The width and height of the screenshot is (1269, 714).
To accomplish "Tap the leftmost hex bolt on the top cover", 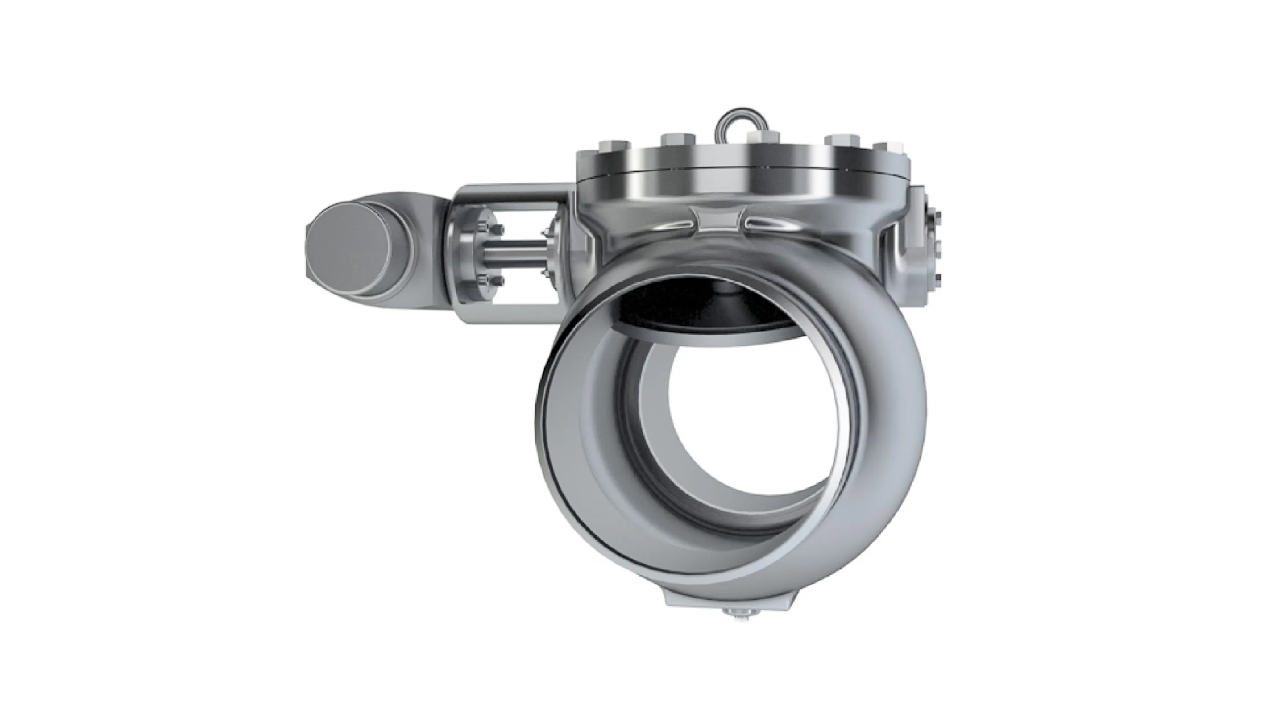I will [x=614, y=147].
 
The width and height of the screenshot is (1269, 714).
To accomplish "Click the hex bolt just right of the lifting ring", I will [x=763, y=138].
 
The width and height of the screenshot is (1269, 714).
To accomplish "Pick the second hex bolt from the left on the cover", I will [x=678, y=139].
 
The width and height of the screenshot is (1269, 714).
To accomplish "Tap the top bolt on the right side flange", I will [x=937, y=216].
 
